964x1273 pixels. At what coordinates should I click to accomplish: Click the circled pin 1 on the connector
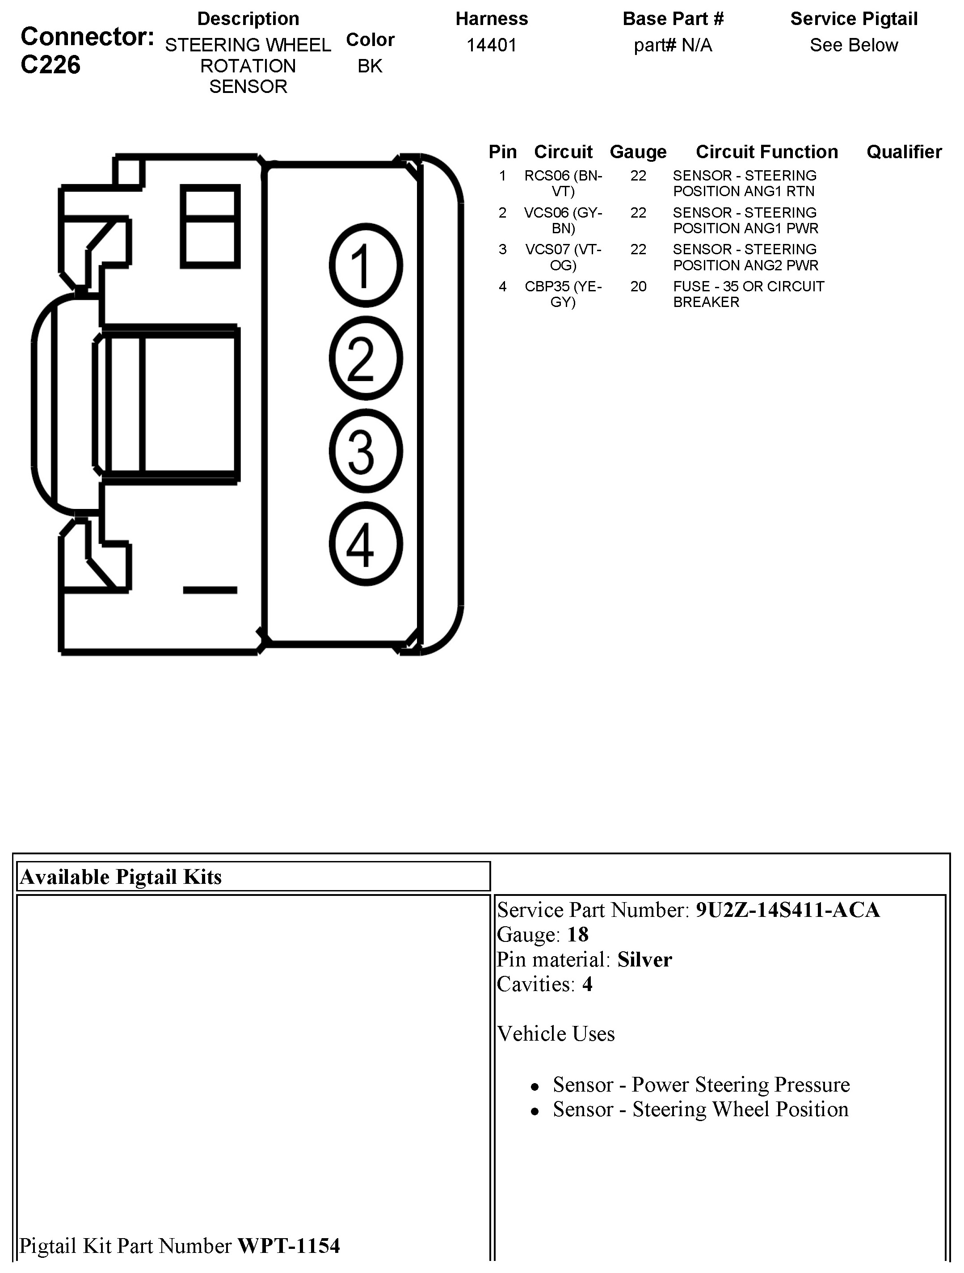point(366,265)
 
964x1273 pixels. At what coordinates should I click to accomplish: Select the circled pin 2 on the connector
point(366,358)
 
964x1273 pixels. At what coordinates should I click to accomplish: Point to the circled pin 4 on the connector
point(366,544)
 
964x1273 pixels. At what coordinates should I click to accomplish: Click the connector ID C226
point(50,65)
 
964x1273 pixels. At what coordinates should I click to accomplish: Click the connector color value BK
point(370,66)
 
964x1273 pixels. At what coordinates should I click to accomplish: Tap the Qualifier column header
point(904,151)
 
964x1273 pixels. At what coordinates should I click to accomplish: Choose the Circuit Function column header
point(766,151)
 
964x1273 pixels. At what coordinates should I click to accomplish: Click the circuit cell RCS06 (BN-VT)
point(563,183)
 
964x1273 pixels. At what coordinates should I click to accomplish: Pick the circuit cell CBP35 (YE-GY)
point(563,294)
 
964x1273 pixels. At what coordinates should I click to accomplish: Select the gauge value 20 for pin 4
point(638,286)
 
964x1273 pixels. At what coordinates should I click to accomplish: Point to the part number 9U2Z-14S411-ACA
point(787,910)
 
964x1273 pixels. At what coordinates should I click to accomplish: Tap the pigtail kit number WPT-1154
point(289,1245)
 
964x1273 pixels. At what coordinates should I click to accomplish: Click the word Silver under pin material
point(644,959)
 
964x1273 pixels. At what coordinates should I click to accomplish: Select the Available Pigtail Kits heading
point(121,877)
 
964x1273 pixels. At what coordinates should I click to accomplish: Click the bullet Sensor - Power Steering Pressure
point(701,1084)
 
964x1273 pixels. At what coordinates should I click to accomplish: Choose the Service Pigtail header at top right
point(854,19)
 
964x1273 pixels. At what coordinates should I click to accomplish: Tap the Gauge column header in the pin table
point(638,151)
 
